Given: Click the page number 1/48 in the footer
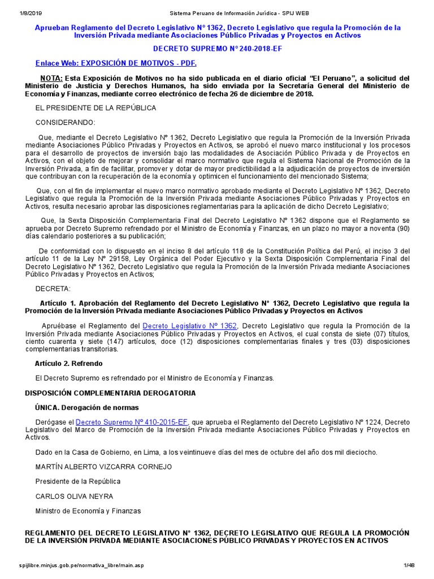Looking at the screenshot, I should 409,566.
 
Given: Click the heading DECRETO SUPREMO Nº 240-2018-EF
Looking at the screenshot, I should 217,49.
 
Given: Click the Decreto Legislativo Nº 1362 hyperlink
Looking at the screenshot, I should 190,326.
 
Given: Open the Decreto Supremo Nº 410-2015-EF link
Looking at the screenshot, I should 132,422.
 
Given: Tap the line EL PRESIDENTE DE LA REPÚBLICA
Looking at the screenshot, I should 96,107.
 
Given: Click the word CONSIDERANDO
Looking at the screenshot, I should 66,122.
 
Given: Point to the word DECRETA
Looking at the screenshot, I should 53,288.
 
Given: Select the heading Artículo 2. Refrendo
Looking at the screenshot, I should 69,363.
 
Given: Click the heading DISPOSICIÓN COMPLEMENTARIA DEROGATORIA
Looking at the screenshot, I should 111,392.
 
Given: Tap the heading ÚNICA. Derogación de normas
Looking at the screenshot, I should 86,407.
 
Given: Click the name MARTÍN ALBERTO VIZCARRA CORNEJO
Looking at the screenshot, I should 103,467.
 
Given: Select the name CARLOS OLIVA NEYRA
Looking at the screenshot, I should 75,496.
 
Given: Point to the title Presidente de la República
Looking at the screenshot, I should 77,482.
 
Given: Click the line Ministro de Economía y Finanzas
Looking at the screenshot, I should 88,511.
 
